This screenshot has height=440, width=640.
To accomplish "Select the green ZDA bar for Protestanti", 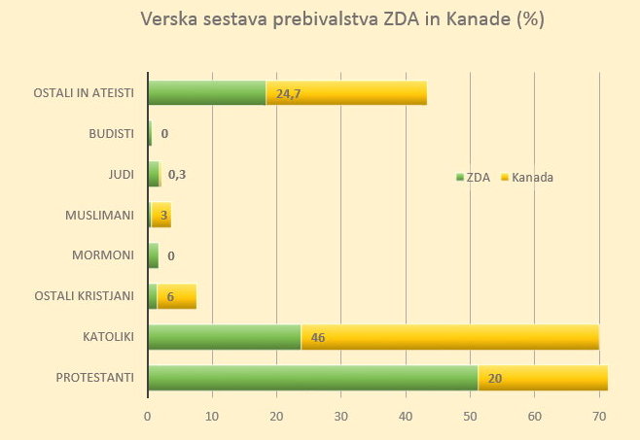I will [x=312, y=378].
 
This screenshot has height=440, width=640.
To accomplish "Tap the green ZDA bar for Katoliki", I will [x=224, y=337].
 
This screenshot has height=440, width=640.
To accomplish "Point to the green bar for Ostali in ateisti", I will [x=206, y=93].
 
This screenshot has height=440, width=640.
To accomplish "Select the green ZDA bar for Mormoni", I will [x=153, y=255].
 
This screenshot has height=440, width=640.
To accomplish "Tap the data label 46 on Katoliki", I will [x=318, y=338].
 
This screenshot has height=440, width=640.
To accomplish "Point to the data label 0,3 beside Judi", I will [x=177, y=175].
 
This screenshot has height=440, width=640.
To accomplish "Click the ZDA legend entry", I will [x=474, y=178].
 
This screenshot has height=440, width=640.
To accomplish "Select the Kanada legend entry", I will [x=527, y=178].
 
